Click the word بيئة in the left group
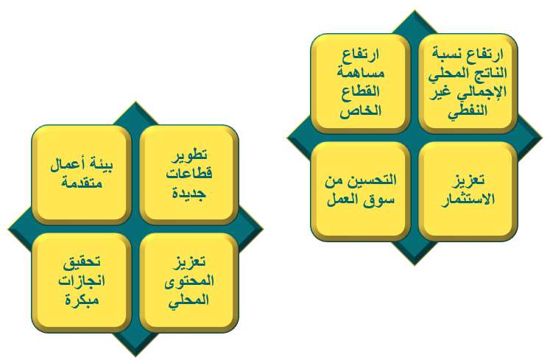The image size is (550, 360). point(101,165)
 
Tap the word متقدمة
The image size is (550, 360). point(82,183)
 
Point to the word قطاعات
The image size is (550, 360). point(189,174)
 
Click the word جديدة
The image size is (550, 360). point(189,193)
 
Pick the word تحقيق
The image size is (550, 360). point(82,262)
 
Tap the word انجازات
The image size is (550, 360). point(82,280)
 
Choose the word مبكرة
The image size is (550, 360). point(82,300)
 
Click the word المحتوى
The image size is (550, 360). point(189,280)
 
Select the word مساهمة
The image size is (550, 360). point(361,73)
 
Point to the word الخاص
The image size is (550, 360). point(361,111)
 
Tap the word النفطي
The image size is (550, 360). point(468,112)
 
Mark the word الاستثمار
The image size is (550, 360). point(468,200)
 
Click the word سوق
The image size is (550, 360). point(384,200)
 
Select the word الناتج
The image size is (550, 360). point(488,73)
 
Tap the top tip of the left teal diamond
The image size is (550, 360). point(135,102)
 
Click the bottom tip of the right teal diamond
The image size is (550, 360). point(415,265)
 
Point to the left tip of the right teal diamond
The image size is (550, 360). point(287,138)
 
